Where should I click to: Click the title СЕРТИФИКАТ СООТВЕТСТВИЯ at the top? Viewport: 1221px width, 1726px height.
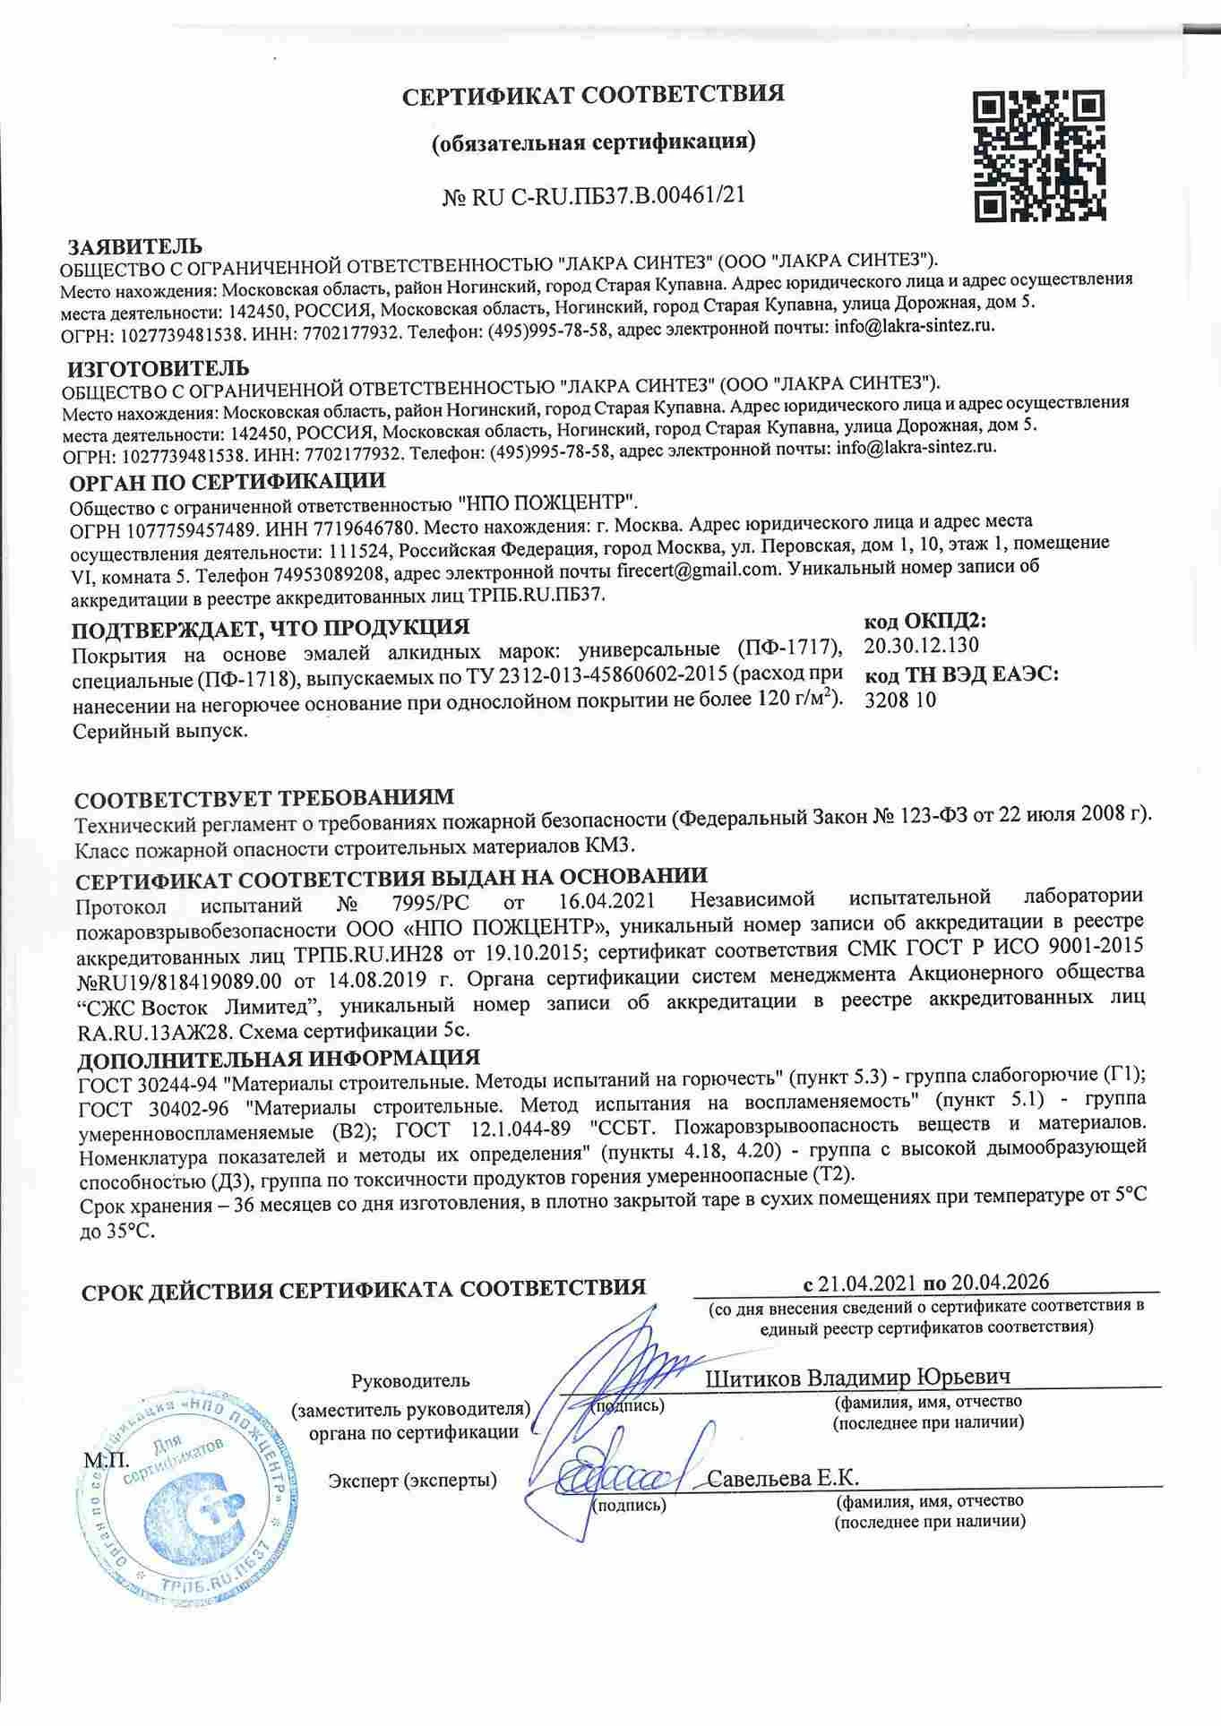(x=592, y=95)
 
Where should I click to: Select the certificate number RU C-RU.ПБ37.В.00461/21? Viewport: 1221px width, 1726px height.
(x=603, y=194)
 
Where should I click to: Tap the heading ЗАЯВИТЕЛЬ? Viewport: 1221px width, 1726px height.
(x=136, y=246)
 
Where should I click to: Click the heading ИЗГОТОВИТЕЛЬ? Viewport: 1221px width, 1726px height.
(x=159, y=367)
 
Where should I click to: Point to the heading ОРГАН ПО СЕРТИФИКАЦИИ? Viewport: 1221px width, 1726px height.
(x=228, y=482)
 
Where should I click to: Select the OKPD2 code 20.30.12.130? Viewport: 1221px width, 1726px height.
(x=922, y=646)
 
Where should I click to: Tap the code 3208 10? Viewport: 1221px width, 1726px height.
(x=899, y=700)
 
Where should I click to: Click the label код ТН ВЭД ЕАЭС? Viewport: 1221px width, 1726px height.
(x=960, y=674)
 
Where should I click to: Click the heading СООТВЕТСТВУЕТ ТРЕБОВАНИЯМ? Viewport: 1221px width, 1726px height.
(x=264, y=797)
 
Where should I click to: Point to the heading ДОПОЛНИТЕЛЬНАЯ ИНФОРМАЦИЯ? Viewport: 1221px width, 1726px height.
(x=278, y=1059)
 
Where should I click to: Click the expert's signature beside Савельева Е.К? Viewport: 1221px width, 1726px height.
(x=619, y=1478)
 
